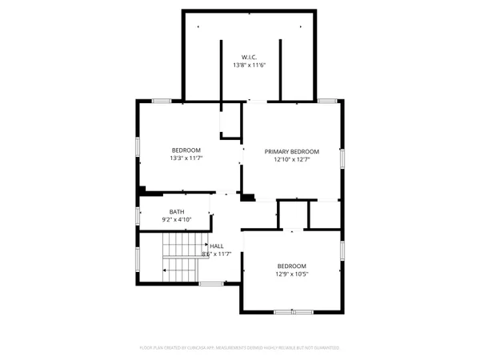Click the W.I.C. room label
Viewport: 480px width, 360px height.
[x=248, y=56]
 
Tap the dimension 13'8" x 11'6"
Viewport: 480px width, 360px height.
[x=248, y=65]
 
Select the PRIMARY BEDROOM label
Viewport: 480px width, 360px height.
[x=292, y=151]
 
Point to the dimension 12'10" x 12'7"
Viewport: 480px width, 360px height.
[x=292, y=159]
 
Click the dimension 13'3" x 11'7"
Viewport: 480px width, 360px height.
[x=186, y=158]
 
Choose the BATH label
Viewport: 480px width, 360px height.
[x=176, y=212]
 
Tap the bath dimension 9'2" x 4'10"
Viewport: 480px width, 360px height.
[x=176, y=220]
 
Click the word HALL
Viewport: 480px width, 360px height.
[x=217, y=246]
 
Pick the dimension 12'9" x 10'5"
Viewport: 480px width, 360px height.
[x=293, y=274]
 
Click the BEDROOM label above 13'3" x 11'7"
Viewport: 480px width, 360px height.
[x=186, y=150]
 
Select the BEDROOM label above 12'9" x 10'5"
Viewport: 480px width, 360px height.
[x=292, y=266]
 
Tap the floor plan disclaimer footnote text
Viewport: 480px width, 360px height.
[x=240, y=348]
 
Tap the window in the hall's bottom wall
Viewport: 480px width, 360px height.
[x=210, y=283]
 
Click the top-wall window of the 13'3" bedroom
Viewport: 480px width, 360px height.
[x=162, y=101]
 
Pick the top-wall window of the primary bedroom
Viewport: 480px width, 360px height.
[x=326, y=101]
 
